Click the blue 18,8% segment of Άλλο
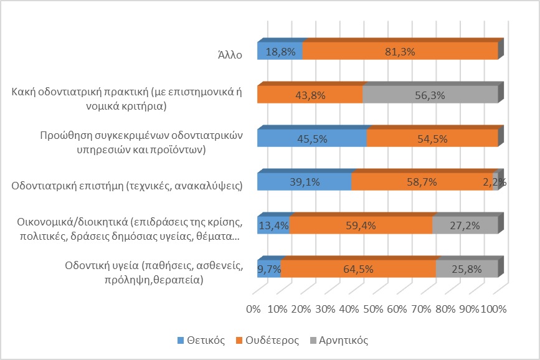(280, 51)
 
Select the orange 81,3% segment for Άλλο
(400, 51)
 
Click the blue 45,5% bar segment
(311, 138)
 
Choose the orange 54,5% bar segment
(432, 138)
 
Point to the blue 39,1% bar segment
(304, 182)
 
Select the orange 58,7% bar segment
(422, 182)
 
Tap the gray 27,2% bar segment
(465, 225)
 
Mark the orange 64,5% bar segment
(359, 269)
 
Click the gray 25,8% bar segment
(467, 269)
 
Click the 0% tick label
(253, 309)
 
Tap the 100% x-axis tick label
(495, 309)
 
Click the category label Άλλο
(225, 53)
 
